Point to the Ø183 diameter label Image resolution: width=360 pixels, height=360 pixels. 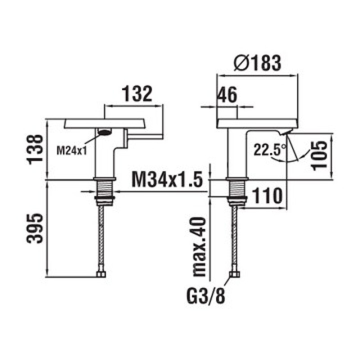click(x=258, y=63)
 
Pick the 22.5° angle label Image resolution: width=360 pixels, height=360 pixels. click(x=269, y=149)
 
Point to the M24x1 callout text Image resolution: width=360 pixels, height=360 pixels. click(x=72, y=150)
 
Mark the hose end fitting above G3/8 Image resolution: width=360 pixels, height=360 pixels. click(x=234, y=274)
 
